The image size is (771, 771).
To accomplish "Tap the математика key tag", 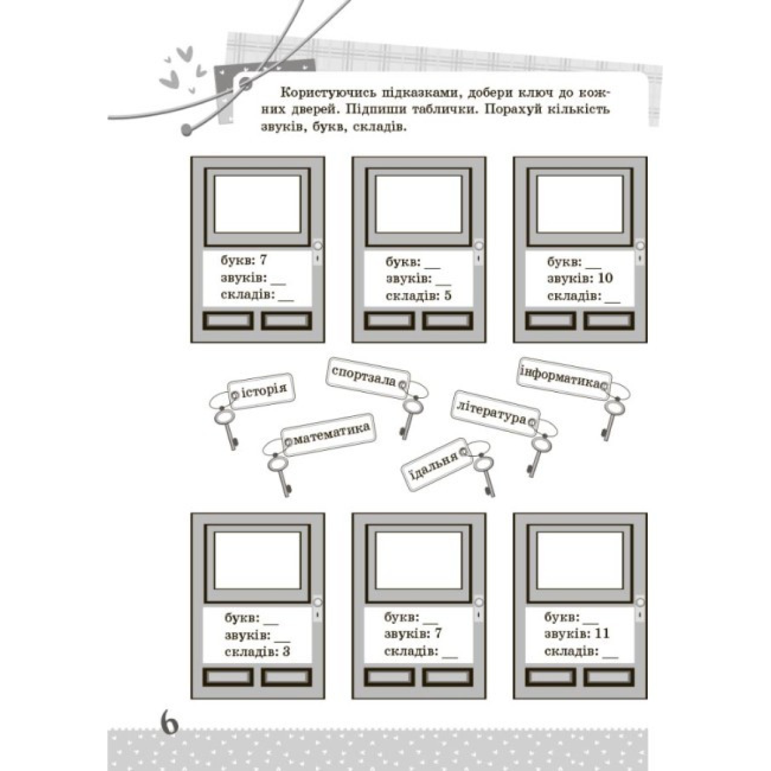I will (328, 434).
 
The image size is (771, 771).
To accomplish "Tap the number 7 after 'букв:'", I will (262, 261).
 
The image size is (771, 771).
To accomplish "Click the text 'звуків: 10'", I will (580, 278).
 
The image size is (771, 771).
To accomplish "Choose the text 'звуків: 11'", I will (576, 634).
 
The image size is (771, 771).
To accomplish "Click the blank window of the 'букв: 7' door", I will (258, 204).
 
